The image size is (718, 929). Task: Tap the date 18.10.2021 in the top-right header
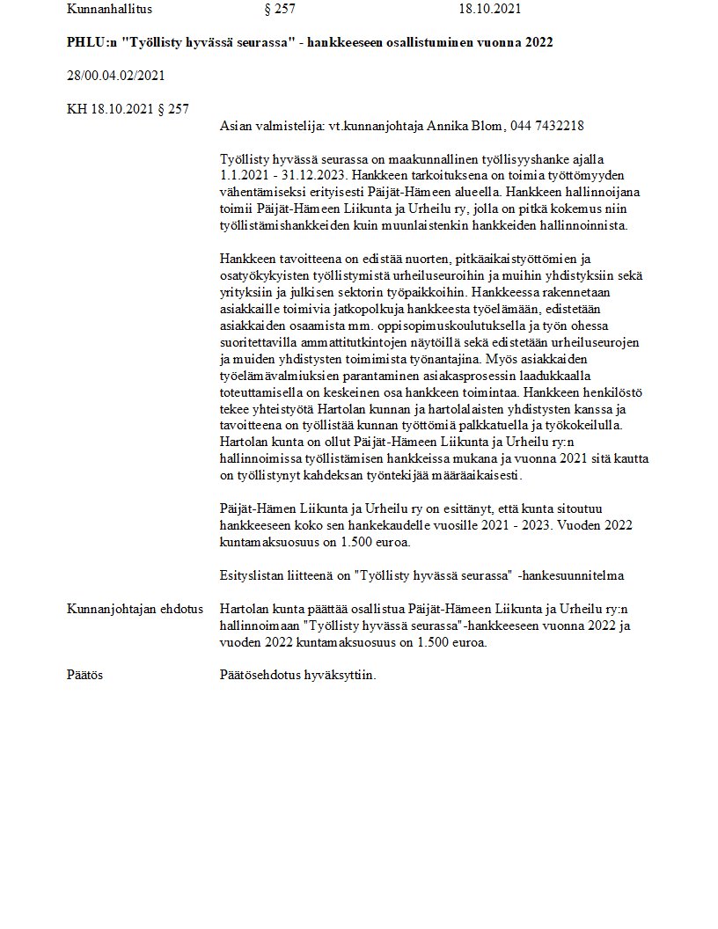pos(490,10)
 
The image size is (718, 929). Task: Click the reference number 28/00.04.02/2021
pos(115,76)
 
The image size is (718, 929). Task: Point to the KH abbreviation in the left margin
pos(77,109)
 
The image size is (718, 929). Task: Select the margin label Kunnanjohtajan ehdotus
pos(135,609)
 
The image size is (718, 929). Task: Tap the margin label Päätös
pos(85,676)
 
